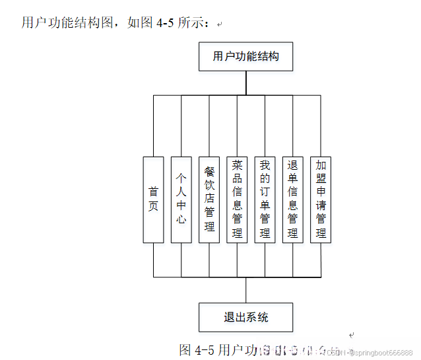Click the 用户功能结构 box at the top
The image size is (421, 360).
(245, 56)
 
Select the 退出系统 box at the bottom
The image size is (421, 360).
(245, 317)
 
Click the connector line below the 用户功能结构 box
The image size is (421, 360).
(246, 83)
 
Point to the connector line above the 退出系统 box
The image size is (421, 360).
(246, 289)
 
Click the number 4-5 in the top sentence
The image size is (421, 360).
(166, 24)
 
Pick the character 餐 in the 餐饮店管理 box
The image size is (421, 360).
(209, 168)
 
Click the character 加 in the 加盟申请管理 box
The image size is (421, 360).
(321, 165)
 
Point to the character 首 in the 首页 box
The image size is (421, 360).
(153, 192)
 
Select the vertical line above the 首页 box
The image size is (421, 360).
(153, 126)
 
